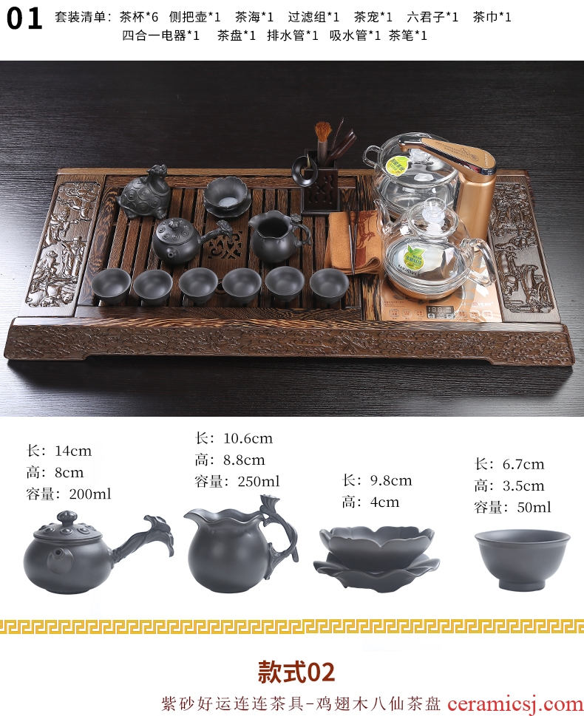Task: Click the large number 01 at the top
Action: [24, 18]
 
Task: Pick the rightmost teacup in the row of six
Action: [329, 284]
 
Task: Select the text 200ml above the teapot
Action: [90, 494]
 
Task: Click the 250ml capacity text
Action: [259, 481]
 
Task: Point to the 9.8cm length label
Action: [391, 481]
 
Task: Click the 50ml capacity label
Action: [534, 508]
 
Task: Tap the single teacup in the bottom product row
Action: [523, 560]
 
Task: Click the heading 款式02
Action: [296, 672]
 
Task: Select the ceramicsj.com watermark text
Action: [515, 703]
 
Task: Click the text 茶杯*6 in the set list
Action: [139, 17]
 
